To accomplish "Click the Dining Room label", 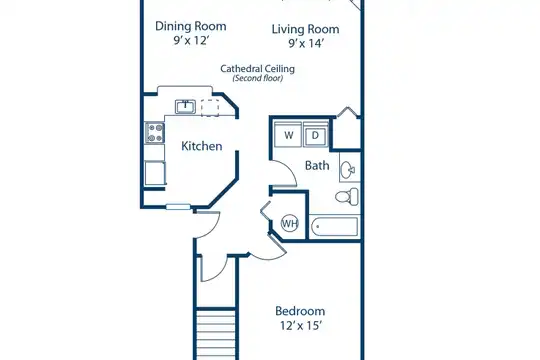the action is click(190, 26).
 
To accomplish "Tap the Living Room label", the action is click(305, 29).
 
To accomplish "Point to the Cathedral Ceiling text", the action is click(258, 69).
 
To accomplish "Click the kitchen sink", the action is click(185, 106).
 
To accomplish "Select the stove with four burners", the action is click(155, 133).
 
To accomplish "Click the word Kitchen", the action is click(201, 146).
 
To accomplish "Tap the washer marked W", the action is click(288, 134).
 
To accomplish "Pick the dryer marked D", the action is click(315, 135).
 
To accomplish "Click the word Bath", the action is click(317, 166).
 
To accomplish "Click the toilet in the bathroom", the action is click(347, 196).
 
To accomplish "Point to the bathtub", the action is click(335, 226).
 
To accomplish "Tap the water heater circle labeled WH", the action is click(290, 223).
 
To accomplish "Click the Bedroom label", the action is click(300, 311).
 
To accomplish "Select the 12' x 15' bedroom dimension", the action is click(301, 326).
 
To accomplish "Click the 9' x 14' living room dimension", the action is click(304, 43).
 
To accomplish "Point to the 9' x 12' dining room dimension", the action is click(191, 41).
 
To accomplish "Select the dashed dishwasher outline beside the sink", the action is click(210, 108).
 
